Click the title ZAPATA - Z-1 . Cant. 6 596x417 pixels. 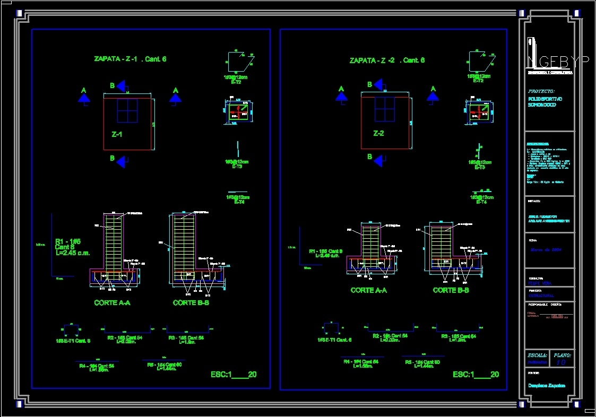(x=130, y=59)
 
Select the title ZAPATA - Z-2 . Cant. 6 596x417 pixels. (x=387, y=60)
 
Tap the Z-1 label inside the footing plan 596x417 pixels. (x=117, y=134)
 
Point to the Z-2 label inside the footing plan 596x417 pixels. (x=378, y=133)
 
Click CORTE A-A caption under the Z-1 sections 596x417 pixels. (x=112, y=303)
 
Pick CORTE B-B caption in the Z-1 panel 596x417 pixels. (x=191, y=303)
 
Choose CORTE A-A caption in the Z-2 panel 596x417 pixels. (x=368, y=290)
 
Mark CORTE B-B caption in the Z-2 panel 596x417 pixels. (x=451, y=290)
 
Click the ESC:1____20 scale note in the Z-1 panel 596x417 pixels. (x=234, y=375)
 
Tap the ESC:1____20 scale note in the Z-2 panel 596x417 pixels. (x=476, y=375)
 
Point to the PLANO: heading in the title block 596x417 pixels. (x=563, y=354)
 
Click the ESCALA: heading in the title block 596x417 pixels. (x=538, y=354)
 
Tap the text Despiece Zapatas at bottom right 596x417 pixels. (x=547, y=386)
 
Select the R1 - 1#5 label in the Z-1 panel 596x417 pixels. (x=68, y=241)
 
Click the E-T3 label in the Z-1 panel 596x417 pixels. (x=237, y=167)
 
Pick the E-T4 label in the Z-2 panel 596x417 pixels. (x=481, y=202)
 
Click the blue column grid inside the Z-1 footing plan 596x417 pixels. (x=127, y=110)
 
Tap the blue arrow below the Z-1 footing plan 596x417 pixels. (x=122, y=162)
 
